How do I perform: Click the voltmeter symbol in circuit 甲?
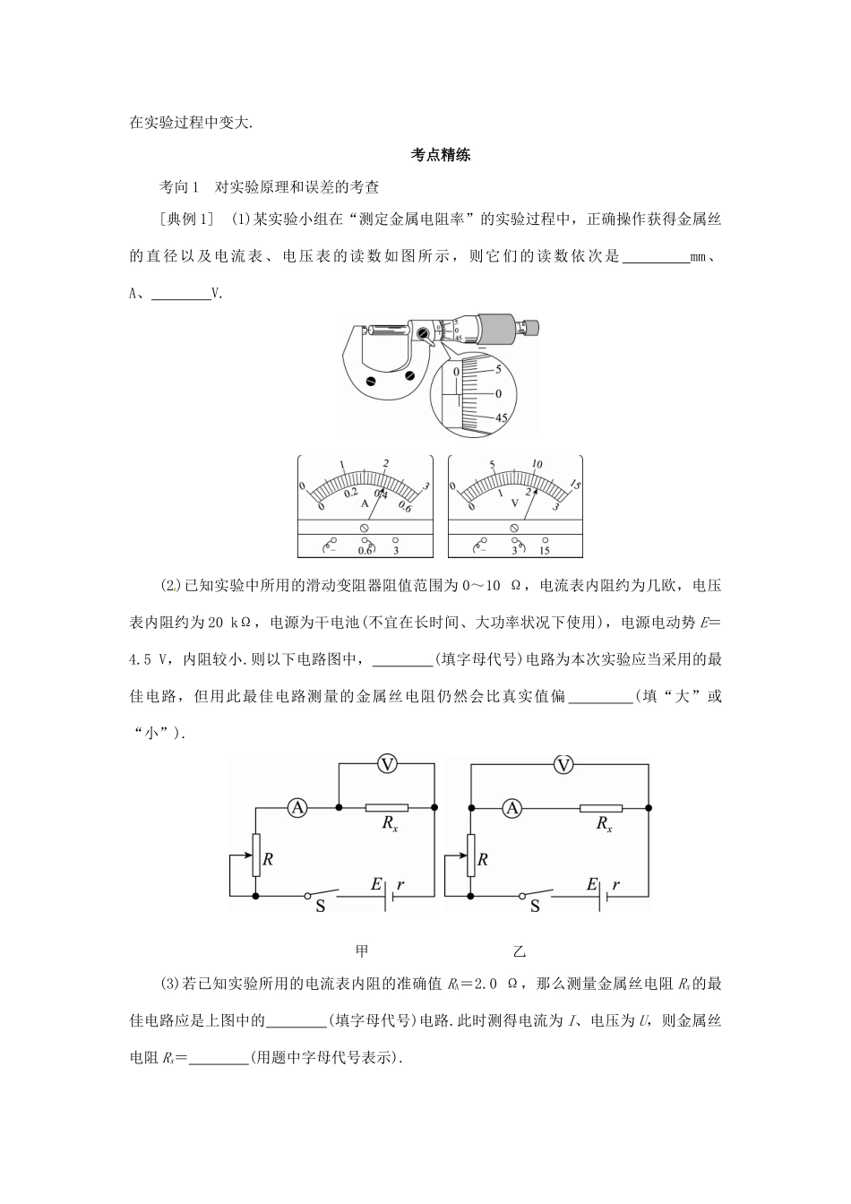coord(387,763)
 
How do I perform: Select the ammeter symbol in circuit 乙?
coord(512,808)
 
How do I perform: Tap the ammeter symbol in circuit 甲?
coord(297,808)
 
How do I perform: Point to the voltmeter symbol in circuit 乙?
coord(563,763)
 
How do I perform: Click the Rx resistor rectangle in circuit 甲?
coord(387,808)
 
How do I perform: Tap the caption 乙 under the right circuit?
coord(520,951)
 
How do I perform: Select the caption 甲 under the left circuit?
coord(362,951)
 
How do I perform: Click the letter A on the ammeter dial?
coord(365,503)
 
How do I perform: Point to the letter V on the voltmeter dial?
coord(514,503)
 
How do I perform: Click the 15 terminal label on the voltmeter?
coord(545,550)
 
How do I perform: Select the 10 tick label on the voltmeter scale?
coord(537,464)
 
